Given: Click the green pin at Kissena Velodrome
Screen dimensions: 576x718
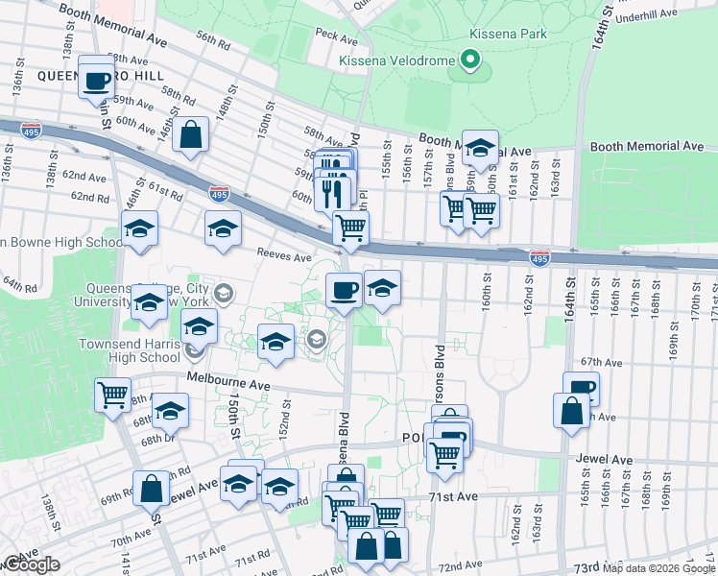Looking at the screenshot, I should (469, 61).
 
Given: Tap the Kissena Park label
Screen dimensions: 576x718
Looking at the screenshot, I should (500, 34).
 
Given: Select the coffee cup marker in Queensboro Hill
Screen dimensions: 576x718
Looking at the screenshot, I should (96, 82).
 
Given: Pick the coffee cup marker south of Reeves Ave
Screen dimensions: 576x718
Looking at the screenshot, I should (344, 289).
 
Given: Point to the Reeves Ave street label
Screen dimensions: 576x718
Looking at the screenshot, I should (283, 256).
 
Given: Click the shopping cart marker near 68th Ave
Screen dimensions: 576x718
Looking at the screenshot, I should (112, 394).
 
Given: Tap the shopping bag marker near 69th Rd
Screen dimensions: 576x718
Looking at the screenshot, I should (152, 489).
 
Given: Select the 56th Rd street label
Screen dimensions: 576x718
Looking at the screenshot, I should (212, 44).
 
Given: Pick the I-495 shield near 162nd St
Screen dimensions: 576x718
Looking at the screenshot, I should (538, 257).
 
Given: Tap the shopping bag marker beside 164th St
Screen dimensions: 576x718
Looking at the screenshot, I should (571, 410).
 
